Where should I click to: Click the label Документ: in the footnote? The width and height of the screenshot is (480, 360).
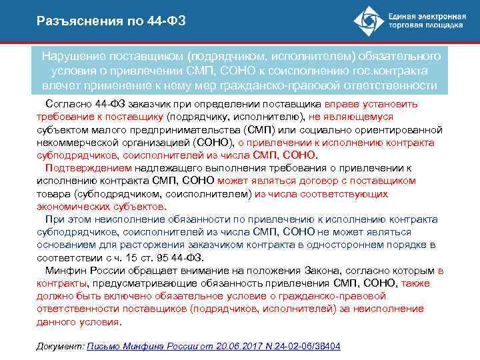(x=59, y=347)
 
